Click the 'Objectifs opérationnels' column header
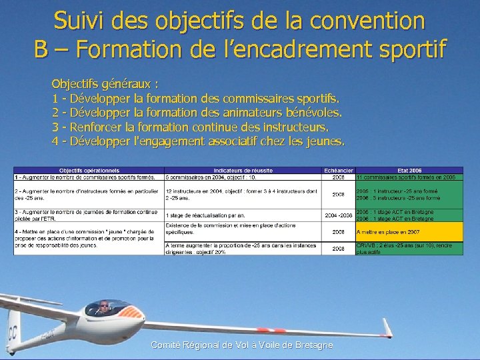pos(89,171)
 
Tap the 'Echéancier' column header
pos(338,171)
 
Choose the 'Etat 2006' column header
pos(409,171)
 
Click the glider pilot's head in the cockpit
pos(103,307)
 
